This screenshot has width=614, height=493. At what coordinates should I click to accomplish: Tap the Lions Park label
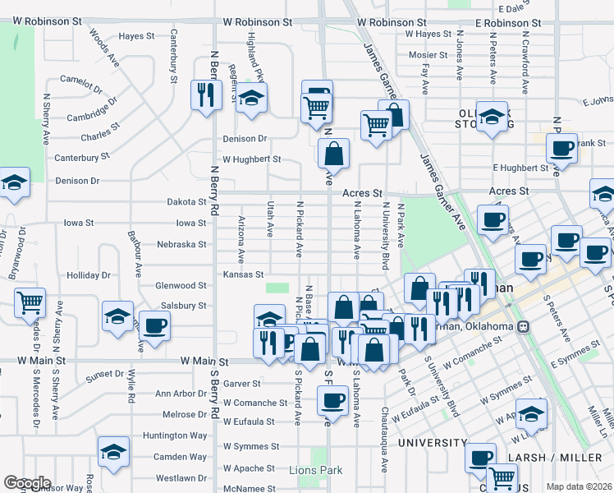[315, 470]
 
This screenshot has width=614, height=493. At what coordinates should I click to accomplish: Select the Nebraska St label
[181, 244]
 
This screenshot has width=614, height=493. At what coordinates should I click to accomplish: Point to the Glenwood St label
[181, 285]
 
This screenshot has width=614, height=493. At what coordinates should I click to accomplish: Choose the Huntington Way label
[174, 435]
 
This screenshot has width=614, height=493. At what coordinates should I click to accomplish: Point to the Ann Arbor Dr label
[178, 394]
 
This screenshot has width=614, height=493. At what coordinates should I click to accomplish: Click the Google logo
[27, 483]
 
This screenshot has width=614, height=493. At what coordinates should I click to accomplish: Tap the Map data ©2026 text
[578, 486]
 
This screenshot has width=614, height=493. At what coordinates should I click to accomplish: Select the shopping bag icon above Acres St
[334, 153]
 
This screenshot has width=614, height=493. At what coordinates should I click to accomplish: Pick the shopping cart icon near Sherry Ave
[30, 302]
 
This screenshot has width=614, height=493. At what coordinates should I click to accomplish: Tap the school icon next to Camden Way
[113, 451]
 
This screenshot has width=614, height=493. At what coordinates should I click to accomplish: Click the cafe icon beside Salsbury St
[154, 325]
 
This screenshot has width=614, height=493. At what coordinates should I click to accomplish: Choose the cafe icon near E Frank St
[561, 148]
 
